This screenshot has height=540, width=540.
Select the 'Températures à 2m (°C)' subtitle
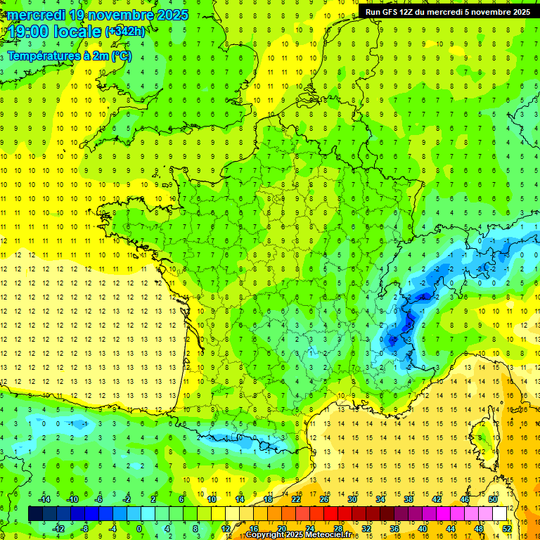point(69,56)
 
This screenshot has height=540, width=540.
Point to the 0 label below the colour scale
point(139,528)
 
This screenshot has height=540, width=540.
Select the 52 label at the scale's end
point(507,528)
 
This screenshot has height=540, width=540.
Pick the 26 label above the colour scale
point(324,499)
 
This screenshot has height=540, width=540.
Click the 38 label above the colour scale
point(409,499)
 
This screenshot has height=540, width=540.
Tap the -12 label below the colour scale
point(59,528)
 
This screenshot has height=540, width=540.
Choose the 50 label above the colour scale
point(493,499)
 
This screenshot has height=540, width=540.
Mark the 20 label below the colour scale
point(281,528)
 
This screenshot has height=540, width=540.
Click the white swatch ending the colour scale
point(500,514)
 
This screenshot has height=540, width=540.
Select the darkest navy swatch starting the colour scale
point(35,514)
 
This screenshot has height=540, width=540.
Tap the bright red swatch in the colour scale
point(330,514)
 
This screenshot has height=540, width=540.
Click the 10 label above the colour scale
point(212,499)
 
